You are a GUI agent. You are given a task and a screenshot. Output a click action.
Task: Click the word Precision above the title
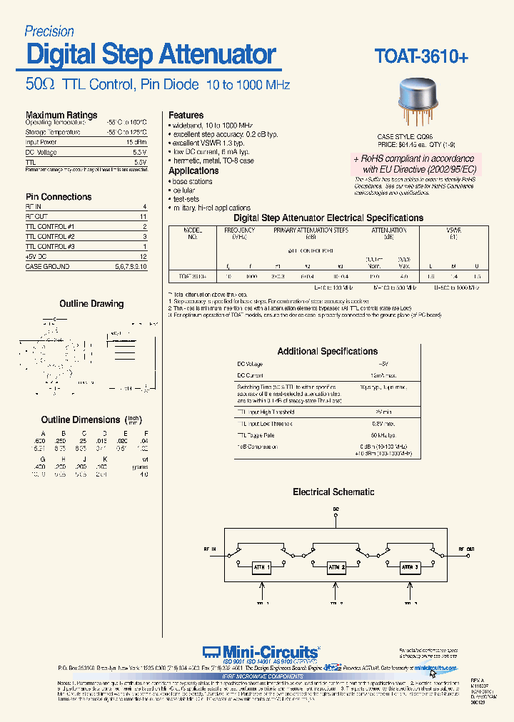click(x=49, y=31)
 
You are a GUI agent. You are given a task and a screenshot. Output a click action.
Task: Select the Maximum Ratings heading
click(x=61, y=115)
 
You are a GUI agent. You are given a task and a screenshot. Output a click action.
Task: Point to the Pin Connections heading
click(x=59, y=197)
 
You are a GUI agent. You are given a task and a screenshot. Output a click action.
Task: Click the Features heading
click(x=186, y=115)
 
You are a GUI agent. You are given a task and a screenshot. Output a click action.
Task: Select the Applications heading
click(x=193, y=171)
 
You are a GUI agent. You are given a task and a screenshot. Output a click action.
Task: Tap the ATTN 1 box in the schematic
click(x=261, y=568)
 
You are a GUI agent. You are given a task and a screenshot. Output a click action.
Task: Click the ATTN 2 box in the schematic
click(x=336, y=568)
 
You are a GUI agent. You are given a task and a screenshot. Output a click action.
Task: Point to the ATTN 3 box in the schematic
click(x=410, y=568)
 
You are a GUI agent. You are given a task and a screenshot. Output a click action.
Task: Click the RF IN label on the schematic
click(x=210, y=549)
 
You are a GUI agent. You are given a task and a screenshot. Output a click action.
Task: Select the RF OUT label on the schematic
click(x=465, y=549)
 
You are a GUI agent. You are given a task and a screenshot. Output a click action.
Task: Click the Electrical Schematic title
click(x=333, y=492)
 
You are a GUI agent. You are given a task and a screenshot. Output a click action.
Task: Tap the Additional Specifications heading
click(x=327, y=351)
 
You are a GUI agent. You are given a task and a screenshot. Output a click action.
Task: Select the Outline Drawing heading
click(x=91, y=304)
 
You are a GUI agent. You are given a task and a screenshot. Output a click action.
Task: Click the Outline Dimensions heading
click(x=81, y=420)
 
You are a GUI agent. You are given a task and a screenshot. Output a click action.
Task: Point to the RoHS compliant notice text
click(x=413, y=164)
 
